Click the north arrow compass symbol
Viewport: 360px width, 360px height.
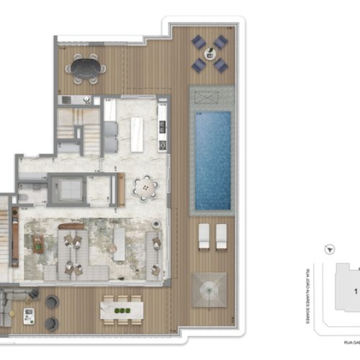tap(329, 248)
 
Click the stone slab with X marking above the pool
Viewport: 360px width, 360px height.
tap(211, 98)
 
